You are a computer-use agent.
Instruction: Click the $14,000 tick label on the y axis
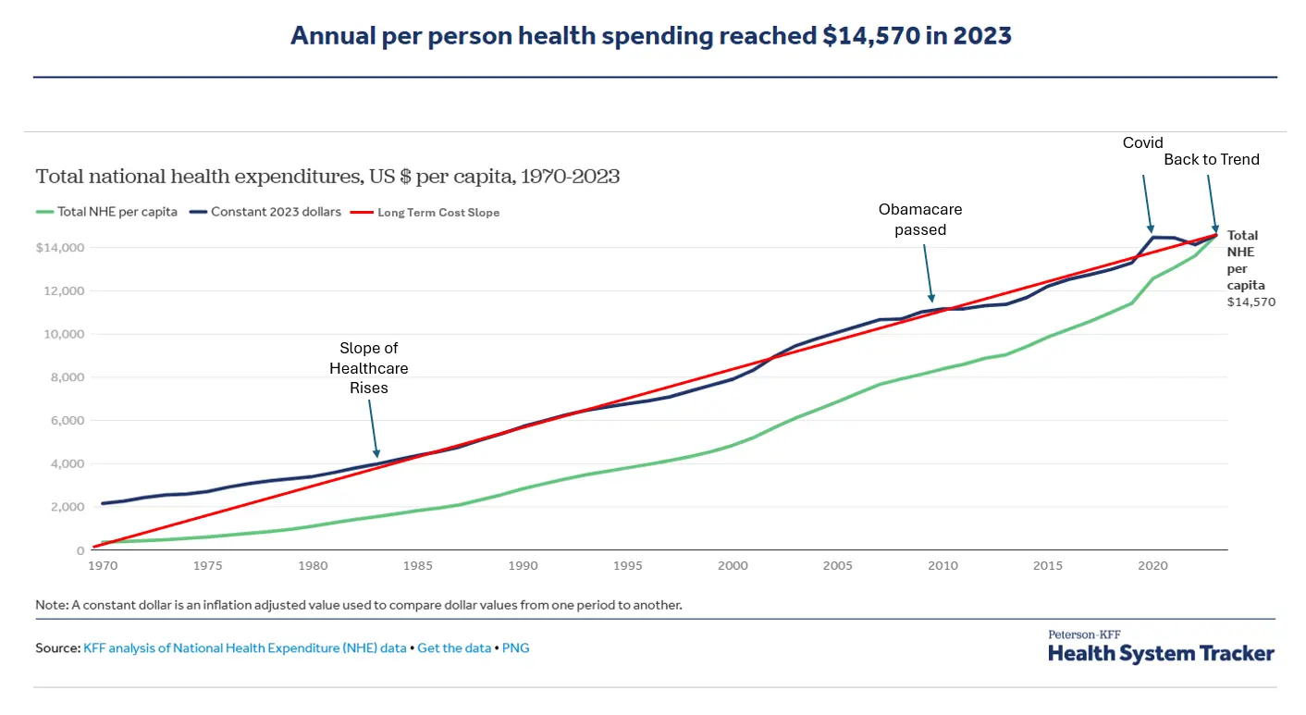click(60, 248)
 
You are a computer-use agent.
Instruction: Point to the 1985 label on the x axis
click(418, 565)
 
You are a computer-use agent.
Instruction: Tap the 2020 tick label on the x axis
click(1152, 565)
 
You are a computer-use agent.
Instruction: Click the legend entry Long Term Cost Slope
click(437, 213)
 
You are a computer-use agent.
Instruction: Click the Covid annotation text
click(1142, 142)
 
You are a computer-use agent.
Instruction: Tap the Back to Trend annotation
click(1211, 159)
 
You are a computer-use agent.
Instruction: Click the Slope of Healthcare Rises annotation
click(369, 368)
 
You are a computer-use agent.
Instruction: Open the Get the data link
click(454, 648)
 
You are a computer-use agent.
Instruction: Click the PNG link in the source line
click(515, 648)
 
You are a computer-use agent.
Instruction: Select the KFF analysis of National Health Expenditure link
click(245, 648)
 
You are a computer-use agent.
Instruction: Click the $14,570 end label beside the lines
click(1251, 302)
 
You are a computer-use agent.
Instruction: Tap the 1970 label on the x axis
click(103, 565)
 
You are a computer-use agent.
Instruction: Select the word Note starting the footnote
click(50, 605)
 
